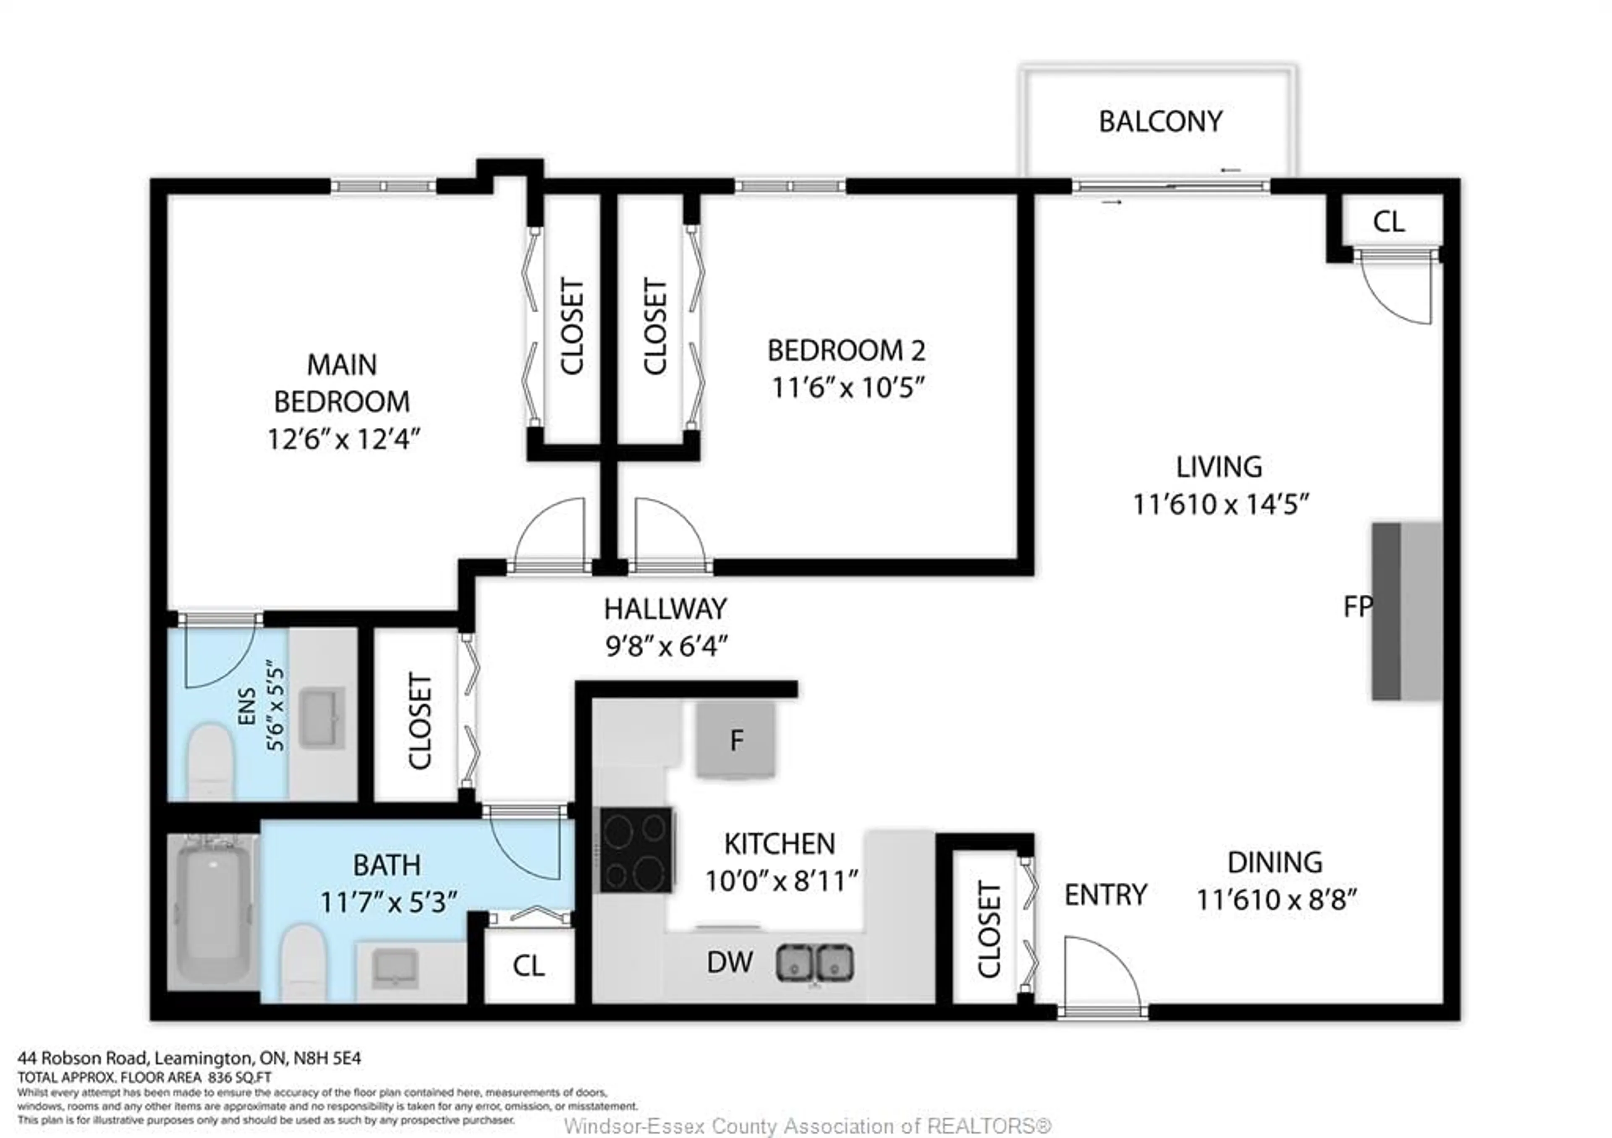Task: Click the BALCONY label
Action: [1160, 121]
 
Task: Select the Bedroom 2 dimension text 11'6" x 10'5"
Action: [847, 387]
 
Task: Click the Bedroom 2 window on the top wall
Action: [790, 186]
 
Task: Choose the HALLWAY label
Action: [665, 609]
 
